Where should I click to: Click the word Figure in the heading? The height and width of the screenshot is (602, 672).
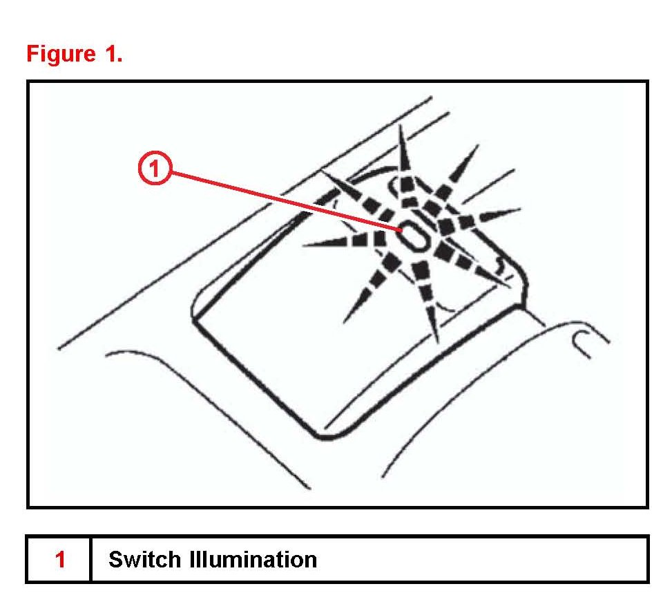pyautogui.click(x=60, y=54)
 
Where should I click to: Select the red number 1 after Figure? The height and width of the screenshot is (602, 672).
pyautogui.click(x=113, y=54)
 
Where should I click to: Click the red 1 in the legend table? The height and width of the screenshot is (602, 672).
pyautogui.click(x=59, y=559)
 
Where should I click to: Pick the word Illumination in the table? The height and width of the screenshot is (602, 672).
pyautogui.click(x=253, y=559)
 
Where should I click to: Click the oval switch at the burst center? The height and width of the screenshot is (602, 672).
pyautogui.click(x=413, y=236)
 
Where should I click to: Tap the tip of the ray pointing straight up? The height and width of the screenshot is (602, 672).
pyautogui.click(x=401, y=127)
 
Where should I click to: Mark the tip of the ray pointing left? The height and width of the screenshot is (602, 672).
pyautogui.click(x=304, y=245)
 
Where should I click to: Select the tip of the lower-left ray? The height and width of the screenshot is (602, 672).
pyautogui.click(x=345, y=321)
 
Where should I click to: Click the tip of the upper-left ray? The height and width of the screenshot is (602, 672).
pyautogui.click(x=325, y=173)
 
